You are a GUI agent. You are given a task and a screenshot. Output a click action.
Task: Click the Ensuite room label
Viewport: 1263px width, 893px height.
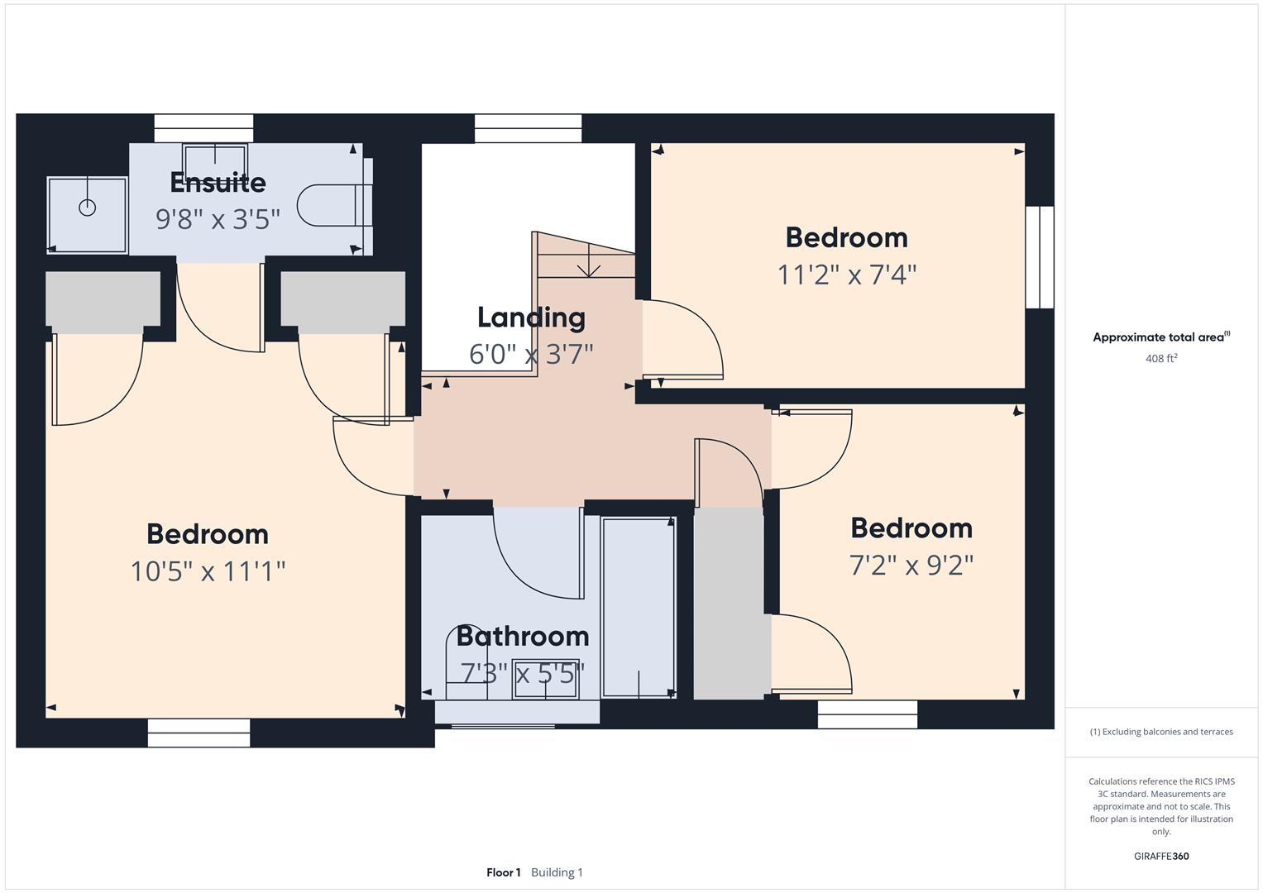tap(218, 183)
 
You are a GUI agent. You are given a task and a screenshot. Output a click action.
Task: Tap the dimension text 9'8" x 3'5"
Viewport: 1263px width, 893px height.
tap(218, 219)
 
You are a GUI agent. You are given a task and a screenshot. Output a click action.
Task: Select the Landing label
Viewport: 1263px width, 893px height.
tap(531, 318)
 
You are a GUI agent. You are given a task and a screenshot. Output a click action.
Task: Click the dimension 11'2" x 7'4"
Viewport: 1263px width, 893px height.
tap(846, 275)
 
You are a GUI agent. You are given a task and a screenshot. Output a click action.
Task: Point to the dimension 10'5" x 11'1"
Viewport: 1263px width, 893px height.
tap(208, 571)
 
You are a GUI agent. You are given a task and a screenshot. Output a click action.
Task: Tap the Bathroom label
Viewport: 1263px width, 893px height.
tap(522, 636)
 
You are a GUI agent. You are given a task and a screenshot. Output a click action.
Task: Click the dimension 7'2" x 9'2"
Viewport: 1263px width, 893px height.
tap(911, 566)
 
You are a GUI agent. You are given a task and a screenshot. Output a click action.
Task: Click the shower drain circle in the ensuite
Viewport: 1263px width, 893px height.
tap(87, 208)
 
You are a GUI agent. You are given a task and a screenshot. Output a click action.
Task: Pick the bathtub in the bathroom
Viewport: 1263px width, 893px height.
tap(638, 607)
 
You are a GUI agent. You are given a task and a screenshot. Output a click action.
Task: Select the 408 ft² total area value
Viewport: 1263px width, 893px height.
tap(1160, 359)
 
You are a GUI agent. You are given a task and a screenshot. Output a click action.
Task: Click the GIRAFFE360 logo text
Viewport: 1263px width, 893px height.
tap(1160, 856)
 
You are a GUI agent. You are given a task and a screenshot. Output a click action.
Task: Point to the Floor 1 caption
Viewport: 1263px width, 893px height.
tap(503, 872)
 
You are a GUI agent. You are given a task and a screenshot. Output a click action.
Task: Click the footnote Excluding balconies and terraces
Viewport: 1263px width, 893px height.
tap(1160, 732)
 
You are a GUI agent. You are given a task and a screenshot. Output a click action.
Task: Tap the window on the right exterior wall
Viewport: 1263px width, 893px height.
tap(1040, 257)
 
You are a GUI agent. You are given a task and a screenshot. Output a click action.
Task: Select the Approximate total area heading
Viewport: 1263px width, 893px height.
tap(1160, 337)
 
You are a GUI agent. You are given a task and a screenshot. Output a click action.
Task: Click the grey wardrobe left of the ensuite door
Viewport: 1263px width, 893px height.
tap(103, 298)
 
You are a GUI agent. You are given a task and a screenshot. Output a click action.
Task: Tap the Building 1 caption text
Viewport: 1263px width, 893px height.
tap(557, 872)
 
